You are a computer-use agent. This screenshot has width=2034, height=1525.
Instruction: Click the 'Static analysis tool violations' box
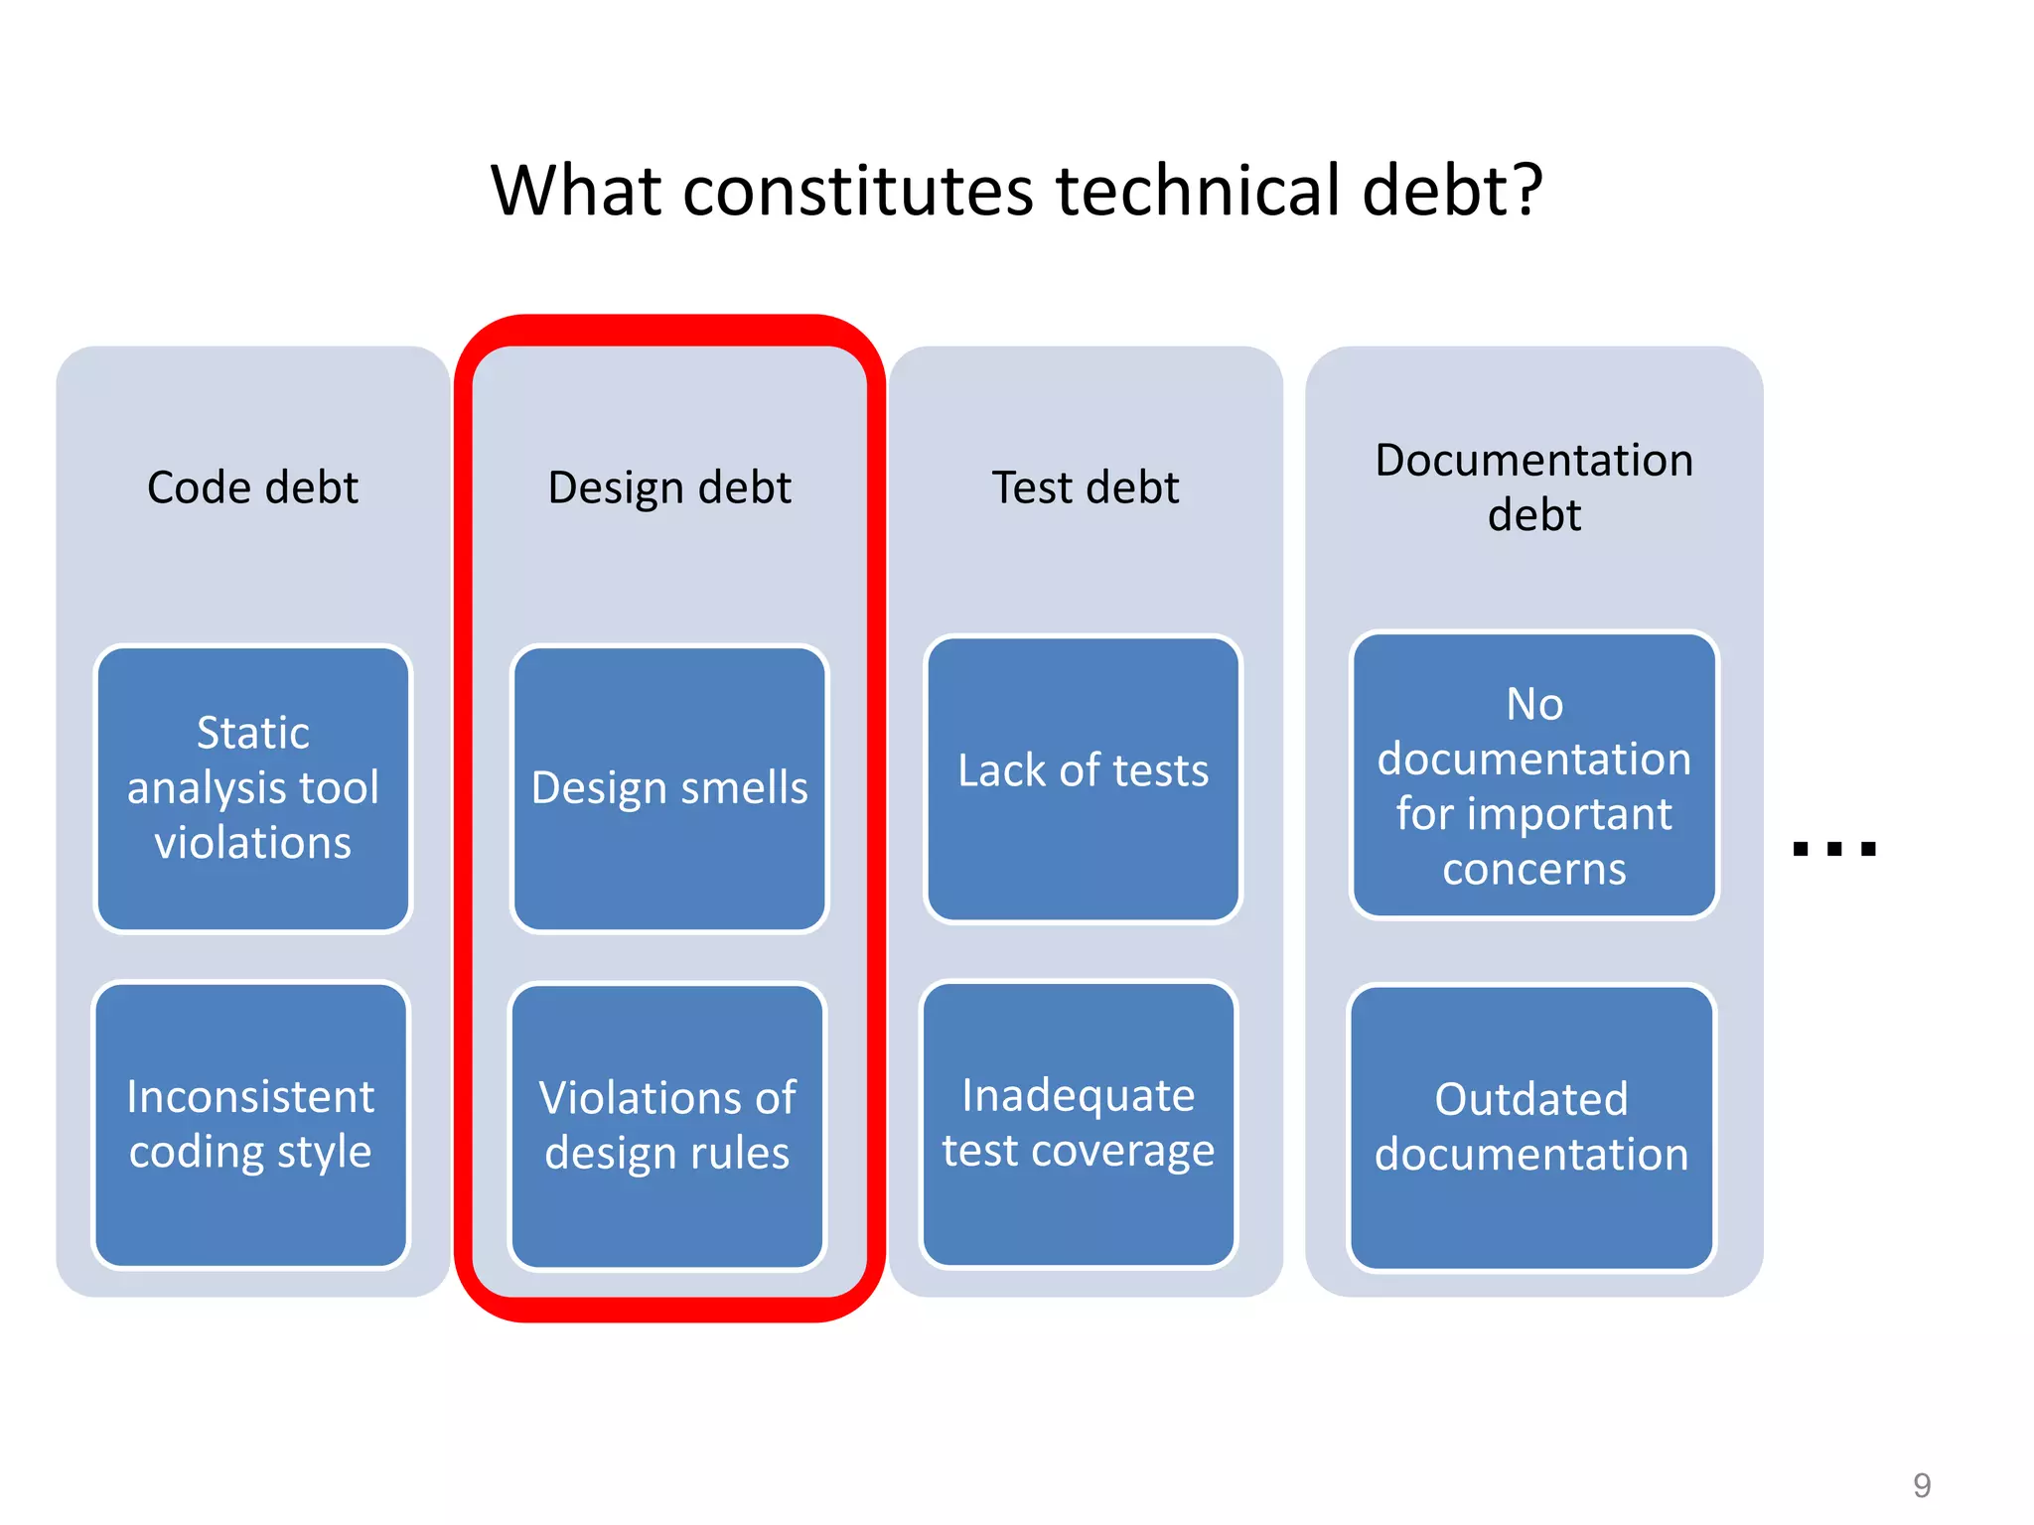(252, 788)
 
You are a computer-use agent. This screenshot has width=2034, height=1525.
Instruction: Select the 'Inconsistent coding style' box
(250, 1125)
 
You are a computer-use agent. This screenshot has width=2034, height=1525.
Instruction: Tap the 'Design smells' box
(669, 788)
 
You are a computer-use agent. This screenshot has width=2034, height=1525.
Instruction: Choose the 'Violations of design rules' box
(667, 1126)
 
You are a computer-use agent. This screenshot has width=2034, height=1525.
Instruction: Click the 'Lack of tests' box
(1083, 778)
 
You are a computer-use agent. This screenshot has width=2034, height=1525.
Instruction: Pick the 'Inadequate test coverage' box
(1079, 1123)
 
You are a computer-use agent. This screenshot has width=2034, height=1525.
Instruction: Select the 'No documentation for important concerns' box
(1533, 774)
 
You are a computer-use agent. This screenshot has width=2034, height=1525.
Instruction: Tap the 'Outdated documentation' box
(1531, 1127)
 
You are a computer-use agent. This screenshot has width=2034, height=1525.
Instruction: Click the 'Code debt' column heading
(252, 487)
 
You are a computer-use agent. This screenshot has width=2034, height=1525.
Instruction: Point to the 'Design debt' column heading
(669, 487)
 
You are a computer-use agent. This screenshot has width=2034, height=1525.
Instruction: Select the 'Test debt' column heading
(1086, 487)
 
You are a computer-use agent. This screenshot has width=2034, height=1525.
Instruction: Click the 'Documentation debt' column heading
(1533, 486)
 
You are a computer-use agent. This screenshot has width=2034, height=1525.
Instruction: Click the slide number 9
(1922, 1485)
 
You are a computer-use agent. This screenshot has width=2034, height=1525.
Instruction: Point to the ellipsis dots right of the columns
(1834, 849)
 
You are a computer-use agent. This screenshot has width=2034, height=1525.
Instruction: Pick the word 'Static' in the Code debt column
(253, 733)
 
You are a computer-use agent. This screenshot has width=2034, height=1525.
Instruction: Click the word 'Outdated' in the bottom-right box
(1531, 1099)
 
